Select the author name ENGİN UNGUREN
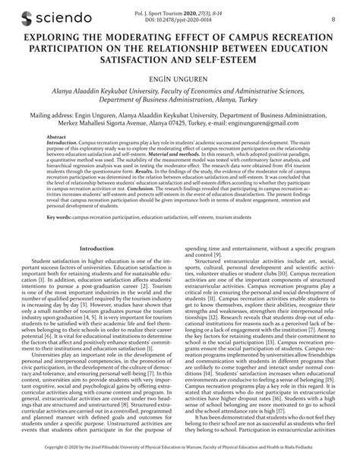coord(179,81)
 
